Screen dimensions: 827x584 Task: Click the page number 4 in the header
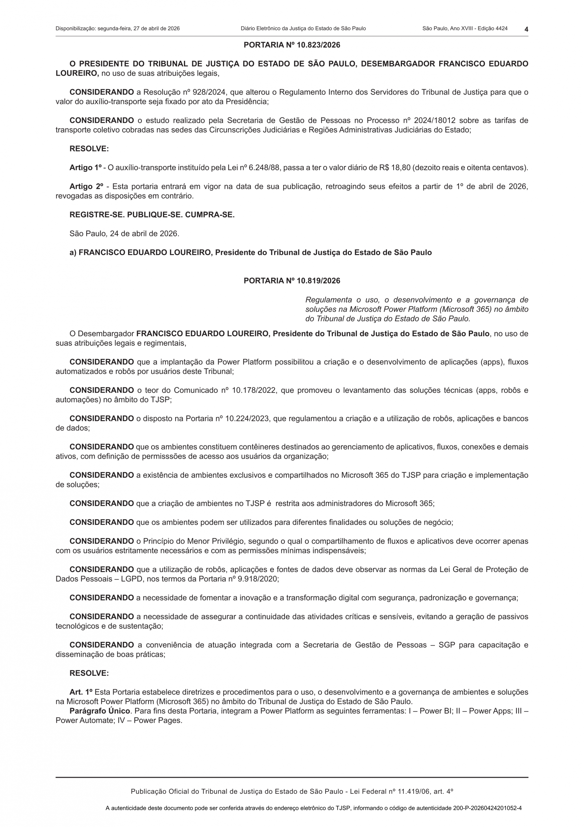tap(526, 29)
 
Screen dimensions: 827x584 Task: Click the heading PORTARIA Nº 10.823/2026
tap(292, 45)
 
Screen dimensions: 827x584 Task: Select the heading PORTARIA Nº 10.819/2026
tap(292, 281)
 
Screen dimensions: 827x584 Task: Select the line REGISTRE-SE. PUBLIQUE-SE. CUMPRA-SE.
tap(152, 215)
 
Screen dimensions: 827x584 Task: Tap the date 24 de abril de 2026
tap(144, 234)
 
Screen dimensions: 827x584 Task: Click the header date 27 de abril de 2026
tap(156, 28)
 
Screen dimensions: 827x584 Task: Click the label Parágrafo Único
tap(100, 711)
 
